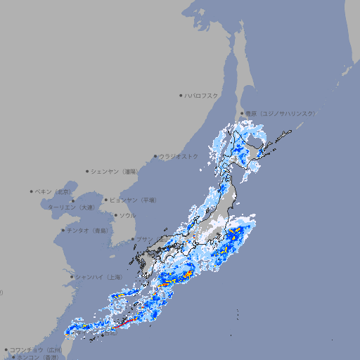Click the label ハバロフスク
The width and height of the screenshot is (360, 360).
pyautogui.click(x=202, y=95)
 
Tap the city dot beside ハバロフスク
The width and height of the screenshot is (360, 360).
pyautogui.click(x=181, y=95)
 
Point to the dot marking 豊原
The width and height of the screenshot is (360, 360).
pyautogui.click(x=243, y=113)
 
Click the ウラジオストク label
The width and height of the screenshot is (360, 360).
pyautogui.click(x=179, y=156)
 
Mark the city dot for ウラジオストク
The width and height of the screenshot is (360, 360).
pyautogui.click(x=156, y=156)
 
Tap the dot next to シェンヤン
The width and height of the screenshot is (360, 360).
pyautogui.click(x=88, y=171)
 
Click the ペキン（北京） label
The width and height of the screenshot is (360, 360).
pyautogui.click(x=54, y=191)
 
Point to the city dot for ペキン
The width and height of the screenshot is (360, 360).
pyautogui.click(x=32, y=191)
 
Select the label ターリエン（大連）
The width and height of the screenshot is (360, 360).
pyautogui.click(x=71, y=207)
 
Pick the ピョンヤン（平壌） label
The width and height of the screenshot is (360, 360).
pyautogui.click(x=133, y=200)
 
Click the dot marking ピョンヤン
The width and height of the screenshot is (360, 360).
pyautogui.click(x=107, y=200)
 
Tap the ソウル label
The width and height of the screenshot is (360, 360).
pyautogui.click(x=127, y=215)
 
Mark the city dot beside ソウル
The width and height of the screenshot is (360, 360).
pyautogui.click(x=116, y=215)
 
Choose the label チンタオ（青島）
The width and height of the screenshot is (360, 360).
pyautogui.click(x=88, y=230)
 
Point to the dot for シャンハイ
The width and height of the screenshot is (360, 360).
pyautogui.click(x=72, y=277)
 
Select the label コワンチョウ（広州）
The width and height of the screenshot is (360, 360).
pyautogui.click(x=36, y=349)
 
